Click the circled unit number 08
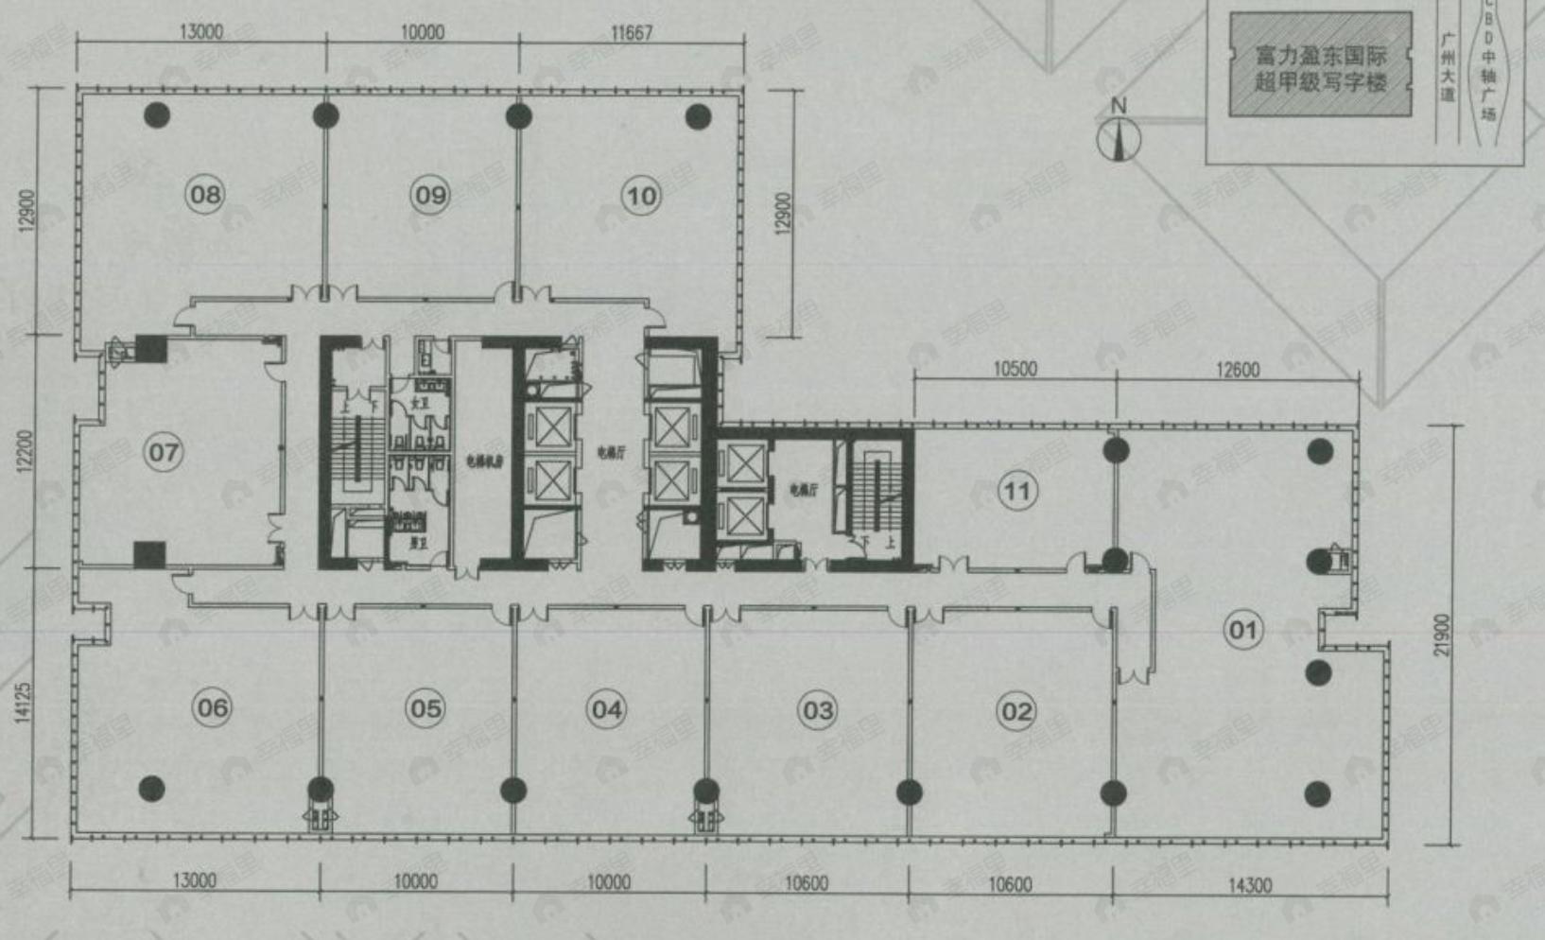click(x=204, y=196)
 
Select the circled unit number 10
click(x=641, y=197)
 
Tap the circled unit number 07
click(x=164, y=452)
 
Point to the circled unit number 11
click(x=1016, y=492)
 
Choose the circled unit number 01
click(x=1242, y=630)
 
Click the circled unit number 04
click(x=606, y=709)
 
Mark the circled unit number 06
click(x=212, y=707)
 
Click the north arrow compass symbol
click(x=1119, y=137)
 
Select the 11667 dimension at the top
click(x=631, y=33)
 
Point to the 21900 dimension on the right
click(x=1440, y=635)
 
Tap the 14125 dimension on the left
click(x=24, y=703)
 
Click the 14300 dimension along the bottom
click(x=1249, y=885)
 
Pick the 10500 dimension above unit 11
click(x=1015, y=369)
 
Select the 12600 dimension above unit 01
click(x=1237, y=370)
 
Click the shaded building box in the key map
click(x=1320, y=66)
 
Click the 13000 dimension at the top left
click(x=200, y=32)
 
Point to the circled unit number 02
click(x=1016, y=711)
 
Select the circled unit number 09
click(x=430, y=196)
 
